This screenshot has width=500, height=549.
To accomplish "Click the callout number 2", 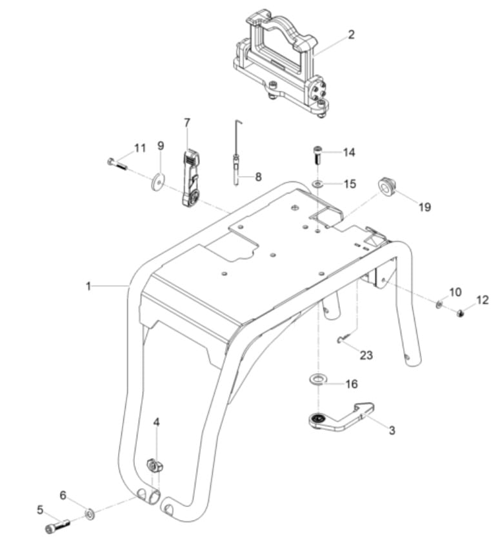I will [x=351, y=35].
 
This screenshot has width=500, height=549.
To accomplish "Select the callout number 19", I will [x=424, y=207].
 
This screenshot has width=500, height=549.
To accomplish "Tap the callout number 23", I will [x=366, y=355].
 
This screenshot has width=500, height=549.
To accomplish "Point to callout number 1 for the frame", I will [x=88, y=286].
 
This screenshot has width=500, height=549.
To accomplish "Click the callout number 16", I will [x=351, y=384].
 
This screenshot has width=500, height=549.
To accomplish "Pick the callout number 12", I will [x=483, y=300].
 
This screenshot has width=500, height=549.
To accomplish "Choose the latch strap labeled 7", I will [x=191, y=177].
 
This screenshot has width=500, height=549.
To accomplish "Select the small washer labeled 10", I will [x=439, y=303].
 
